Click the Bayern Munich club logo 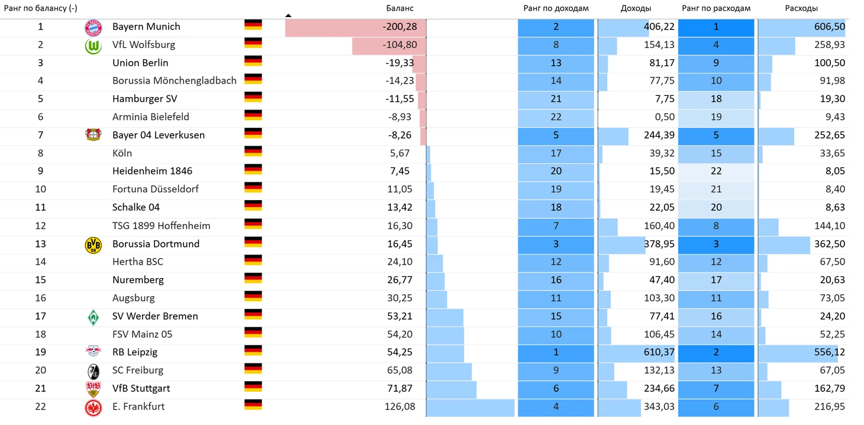[x=94, y=27]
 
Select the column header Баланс [x=399, y=8]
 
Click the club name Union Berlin [x=140, y=63]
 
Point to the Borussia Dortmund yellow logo [x=94, y=244]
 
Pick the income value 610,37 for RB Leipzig [x=658, y=352]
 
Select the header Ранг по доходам [x=556, y=8]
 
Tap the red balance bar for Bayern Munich [x=331, y=27]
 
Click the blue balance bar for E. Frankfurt [x=470, y=407]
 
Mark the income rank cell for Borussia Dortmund [x=556, y=244]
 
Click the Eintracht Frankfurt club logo [x=94, y=407]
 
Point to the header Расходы [x=801, y=8]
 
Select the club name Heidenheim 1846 [x=152, y=171]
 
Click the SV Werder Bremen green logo [x=94, y=317]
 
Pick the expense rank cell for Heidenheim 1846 [x=716, y=171]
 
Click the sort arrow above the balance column [x=288, y=15]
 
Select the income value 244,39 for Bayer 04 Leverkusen [x=658, y=135]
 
